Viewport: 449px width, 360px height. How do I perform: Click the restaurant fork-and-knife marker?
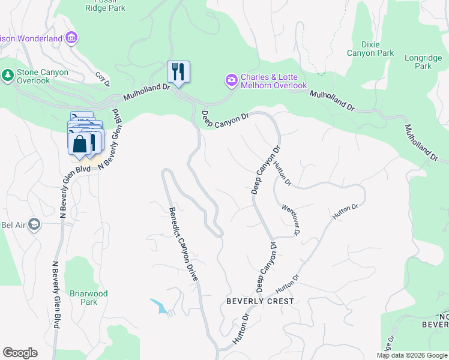pyautogui.click(x=178, y=72)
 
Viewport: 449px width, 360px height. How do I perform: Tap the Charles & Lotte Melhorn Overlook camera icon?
pyautogui.click(x=231, y=80)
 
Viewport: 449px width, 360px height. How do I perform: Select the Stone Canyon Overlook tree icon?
pyautogui.click(x=7, y=76)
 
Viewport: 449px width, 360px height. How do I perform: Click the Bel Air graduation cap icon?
pyautogui.click(x=34, y=224)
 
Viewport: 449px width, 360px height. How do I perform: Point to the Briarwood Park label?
pyautogui.click(x=89, y=298)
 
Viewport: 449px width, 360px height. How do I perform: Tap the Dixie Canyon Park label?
pyautogui.click(x=370, y=49)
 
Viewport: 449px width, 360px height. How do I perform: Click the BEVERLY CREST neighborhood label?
pyautogui.click(x=260, y=301)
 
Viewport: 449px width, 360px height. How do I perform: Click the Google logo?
pyautogui.click(x=20, y=353)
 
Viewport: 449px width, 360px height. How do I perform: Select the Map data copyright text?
pyautogui.click(x=412, y=355)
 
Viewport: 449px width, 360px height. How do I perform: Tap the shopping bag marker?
pyautogui.click(x=79, y=145)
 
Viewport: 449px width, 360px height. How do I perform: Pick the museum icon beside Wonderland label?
pyautogui.click(x=71, y=39)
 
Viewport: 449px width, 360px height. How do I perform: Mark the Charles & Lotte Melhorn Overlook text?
pyautogui.click(x=274, y=82)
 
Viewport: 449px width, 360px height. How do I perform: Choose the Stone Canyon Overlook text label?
pyautogui.click(x=43, y=76)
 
